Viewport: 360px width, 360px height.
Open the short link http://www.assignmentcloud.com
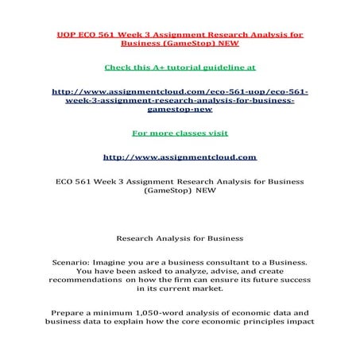tap(180, 157)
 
